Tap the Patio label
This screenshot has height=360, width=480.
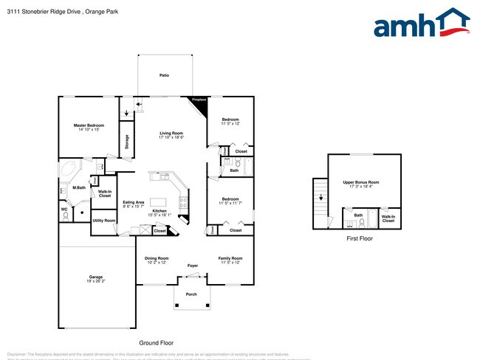pos(164,75)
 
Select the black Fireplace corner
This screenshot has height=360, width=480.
pos(199,103)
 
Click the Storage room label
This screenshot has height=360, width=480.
pos(127,141)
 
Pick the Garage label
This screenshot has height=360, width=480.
pos(96,279)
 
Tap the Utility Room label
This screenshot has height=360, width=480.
pos(103,221)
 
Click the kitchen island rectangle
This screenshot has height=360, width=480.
pos(158,202)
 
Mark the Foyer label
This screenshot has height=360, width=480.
pos(192,266)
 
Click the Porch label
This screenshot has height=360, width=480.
pos(191,294)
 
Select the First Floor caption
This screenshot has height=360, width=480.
pos(360,239)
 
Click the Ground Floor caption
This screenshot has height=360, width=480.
pos(156,343)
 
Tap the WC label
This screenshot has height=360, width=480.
pos(64,209)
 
